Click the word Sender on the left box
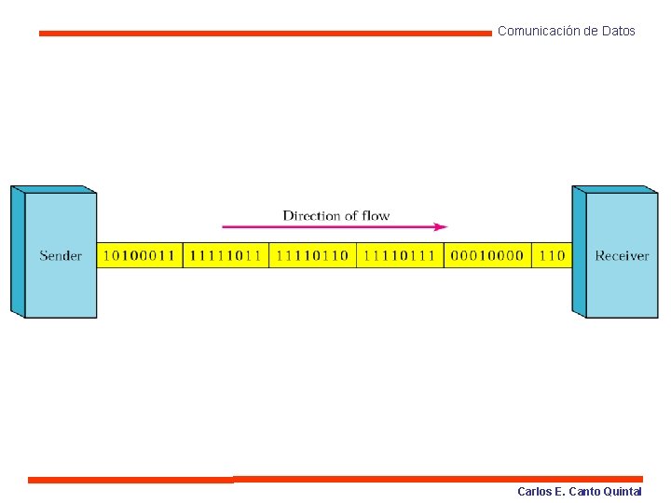(x=61, y=255)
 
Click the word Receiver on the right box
(x=622, y=255)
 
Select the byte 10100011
(x=139, y=255)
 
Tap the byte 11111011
(x=226, y=255)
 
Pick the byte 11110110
(x=312, y=255)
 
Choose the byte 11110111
(x=399, y=255)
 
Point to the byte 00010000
(x=486, y=255)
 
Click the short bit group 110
(x=552, y=255)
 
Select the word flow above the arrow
(x=376, y=215)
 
